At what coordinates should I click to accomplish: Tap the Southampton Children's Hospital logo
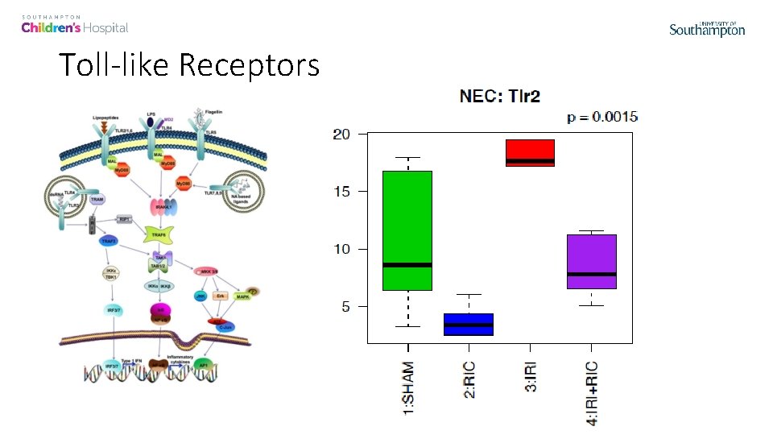(x=75, y=25)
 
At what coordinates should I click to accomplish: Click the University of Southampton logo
(x=707, y=29)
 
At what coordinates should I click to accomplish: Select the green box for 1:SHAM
(x=407, y=230)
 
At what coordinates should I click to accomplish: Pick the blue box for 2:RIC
(x=469, y=324)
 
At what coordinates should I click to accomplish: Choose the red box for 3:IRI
(x=530, y=153)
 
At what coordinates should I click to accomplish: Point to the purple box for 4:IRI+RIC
(x=591, y=261)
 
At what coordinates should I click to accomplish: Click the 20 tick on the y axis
(x=341, y=134)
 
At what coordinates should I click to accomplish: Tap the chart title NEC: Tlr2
(x=499, y=97)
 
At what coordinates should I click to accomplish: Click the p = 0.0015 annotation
(x=602, y=118)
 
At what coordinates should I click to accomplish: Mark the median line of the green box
(x=407, y=264)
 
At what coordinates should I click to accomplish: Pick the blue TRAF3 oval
(x=109, y=241)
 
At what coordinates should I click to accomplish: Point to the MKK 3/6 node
(x=205, y=271)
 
